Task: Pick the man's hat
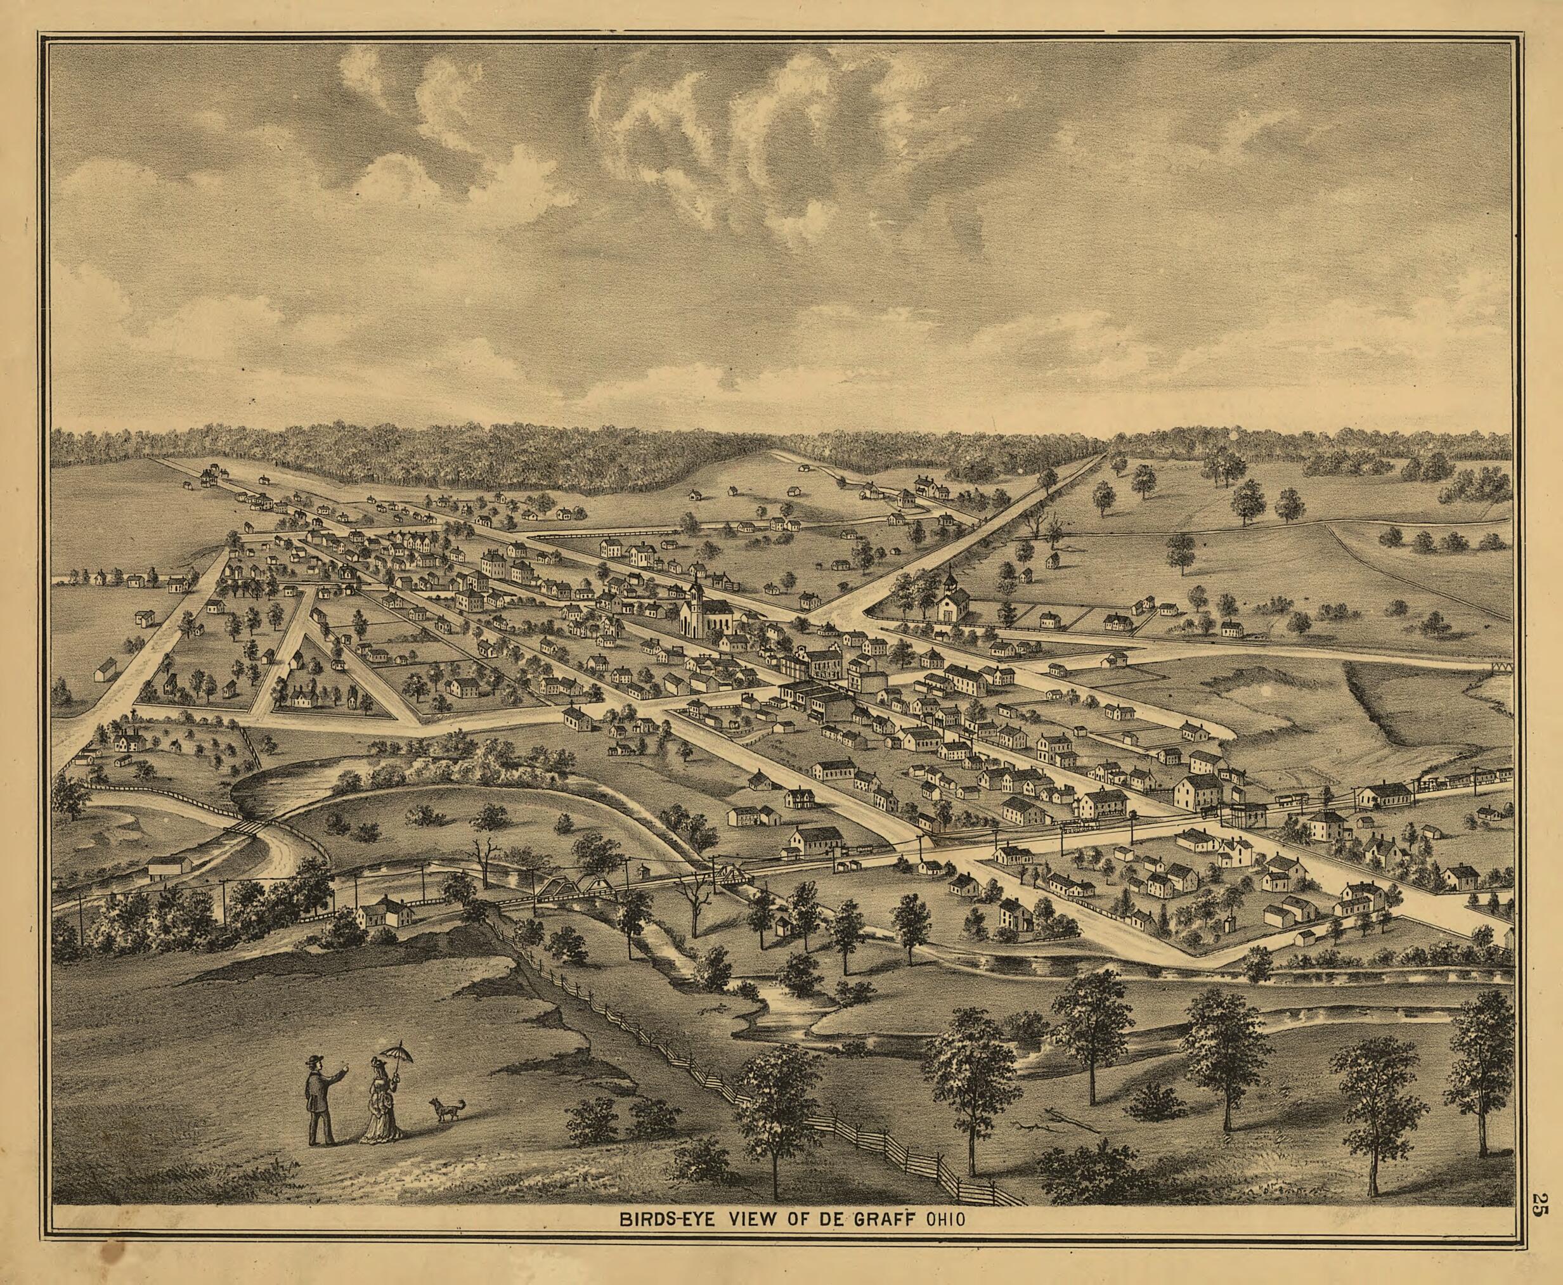317,1059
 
